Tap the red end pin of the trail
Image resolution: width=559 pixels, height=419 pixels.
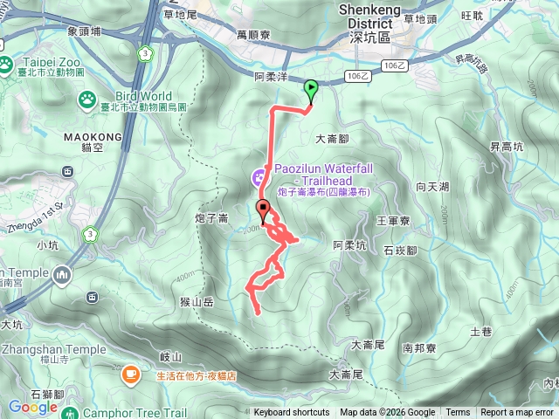pos(263,209)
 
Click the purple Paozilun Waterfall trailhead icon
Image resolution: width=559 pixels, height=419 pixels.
pos(259,178)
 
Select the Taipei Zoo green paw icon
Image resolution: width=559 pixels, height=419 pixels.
pos(7,64)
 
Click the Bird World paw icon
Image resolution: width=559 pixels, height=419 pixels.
pos(87,100)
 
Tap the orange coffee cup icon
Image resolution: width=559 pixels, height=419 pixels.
pos(131,374)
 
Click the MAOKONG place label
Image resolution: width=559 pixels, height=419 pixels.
pos(92,138)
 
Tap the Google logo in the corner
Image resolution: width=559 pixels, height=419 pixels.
pos(32,407)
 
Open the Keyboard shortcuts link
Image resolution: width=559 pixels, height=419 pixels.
pos(292,413)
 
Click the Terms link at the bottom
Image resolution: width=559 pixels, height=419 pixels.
pos(458,413)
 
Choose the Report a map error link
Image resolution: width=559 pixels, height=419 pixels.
pos(517,413)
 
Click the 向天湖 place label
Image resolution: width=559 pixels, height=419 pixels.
pos(432,187)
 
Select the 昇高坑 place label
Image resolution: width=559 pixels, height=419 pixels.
pos(505,146)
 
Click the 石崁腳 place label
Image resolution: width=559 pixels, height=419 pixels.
pos(400,251)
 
